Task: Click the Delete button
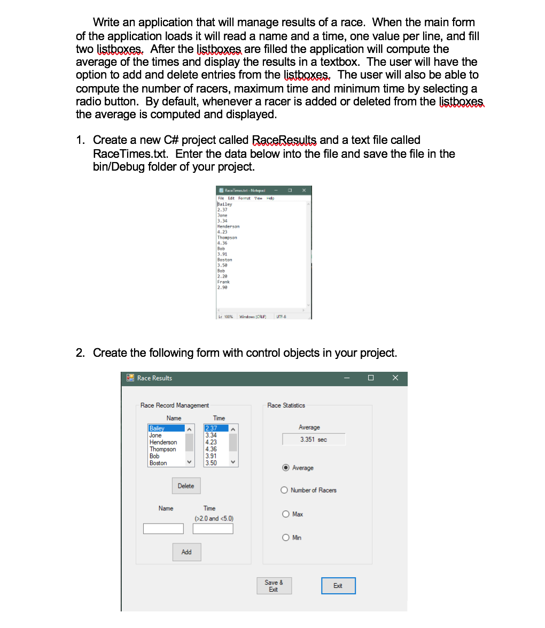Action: tap(186, 486)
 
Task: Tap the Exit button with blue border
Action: tap(338, 586)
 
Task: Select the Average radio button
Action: tap(286, 468)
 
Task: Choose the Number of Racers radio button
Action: tap(285, 490)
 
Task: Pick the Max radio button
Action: tap(286, 514)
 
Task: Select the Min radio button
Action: tap(286, 538)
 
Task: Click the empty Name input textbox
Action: tap(163, 529)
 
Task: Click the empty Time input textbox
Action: tap(213, 529)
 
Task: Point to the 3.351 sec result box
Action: tap(314, 440)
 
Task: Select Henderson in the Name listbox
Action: tap(163, 442)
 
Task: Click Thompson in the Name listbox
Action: tap(163, 449)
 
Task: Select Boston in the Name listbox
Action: tap(158, 463)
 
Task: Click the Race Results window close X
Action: tap(395, 378)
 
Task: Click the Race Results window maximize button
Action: tap(371, 378)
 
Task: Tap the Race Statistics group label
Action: tap(286, 405)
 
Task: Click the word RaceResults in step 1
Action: tap(284, 140)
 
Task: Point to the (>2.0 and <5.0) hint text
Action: tap(214, 518)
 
